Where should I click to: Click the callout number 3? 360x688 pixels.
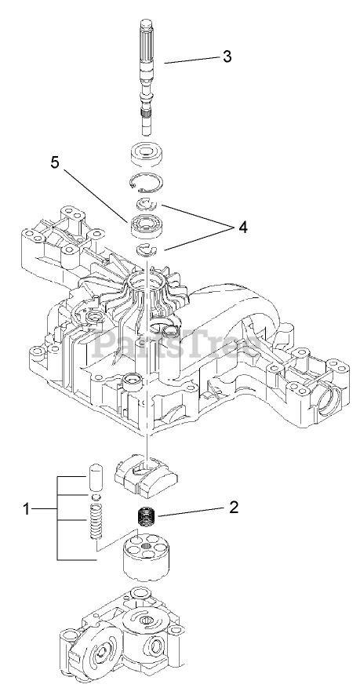(227, 56)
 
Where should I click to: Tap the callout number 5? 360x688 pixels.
(55, 162)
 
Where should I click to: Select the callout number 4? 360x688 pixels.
(243, 227)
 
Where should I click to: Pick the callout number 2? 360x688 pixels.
(234, 507)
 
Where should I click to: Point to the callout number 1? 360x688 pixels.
(27, 509)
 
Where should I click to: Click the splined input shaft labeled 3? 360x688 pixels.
(147, 77)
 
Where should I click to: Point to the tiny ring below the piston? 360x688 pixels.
(95, 497)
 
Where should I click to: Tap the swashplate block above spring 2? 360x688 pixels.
(145, 478)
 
